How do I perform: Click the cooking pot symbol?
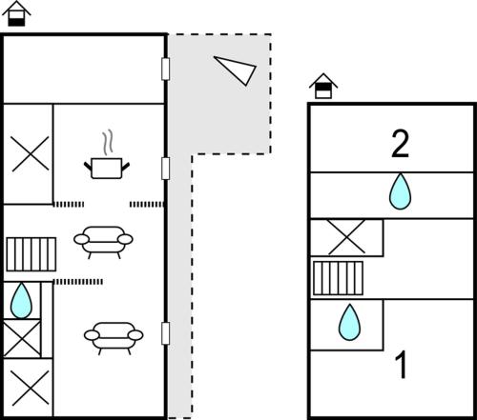click(107, 169)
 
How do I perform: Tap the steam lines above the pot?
click(108, 142)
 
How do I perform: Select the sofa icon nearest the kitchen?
click(103, 242)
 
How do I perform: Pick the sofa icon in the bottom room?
click(114, 338)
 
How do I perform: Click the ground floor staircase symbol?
click(31, 254)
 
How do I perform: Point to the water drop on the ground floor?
click(21, 300)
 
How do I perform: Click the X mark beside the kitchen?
click(31, 154)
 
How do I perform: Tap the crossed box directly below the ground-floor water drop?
click(22, 338)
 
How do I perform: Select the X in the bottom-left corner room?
click(31, 388)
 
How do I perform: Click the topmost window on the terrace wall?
click(165, 69)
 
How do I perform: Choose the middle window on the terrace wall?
click(165, 169)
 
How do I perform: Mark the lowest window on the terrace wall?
click(165, 333)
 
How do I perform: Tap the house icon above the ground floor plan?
click(16, 13)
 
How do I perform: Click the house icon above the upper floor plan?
click(323, 86)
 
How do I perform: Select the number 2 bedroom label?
click(400, 144)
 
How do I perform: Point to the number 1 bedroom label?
click(401, 365)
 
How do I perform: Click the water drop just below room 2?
click(401, 191)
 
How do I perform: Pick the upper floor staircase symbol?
click(338, 278)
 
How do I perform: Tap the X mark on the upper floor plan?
click(346, 237)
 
